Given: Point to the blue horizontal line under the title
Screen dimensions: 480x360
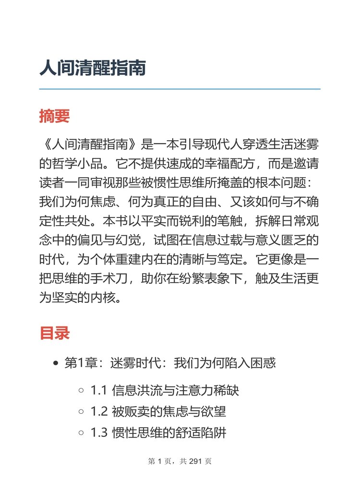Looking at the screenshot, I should coord(180,89).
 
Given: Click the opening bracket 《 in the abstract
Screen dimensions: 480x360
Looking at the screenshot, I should coord(45,144).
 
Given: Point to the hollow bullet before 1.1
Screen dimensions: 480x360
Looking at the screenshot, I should coord(81,391).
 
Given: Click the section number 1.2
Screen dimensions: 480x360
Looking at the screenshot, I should coord(98,411).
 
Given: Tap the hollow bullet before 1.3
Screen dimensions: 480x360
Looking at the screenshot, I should coord(81,433).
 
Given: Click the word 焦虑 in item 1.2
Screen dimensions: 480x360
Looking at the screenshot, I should coord(170,411).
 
